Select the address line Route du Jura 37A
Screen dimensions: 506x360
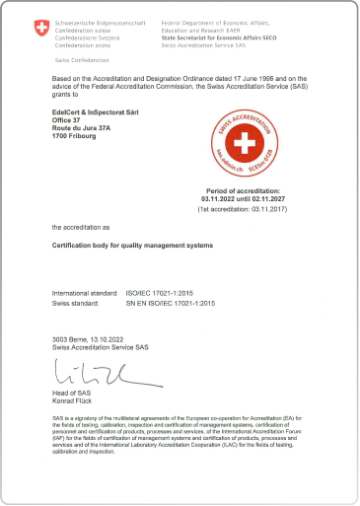83,128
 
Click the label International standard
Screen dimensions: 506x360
85,294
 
